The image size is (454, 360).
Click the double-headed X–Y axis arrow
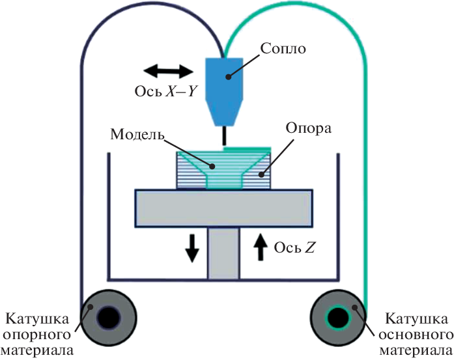[x=168, y=70]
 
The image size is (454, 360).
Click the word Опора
[x=308, y=128]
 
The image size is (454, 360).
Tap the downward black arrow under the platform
[x=192, y=248]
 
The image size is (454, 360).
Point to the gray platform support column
[x=224, y=254]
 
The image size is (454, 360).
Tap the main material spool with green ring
[x=339, y=318]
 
